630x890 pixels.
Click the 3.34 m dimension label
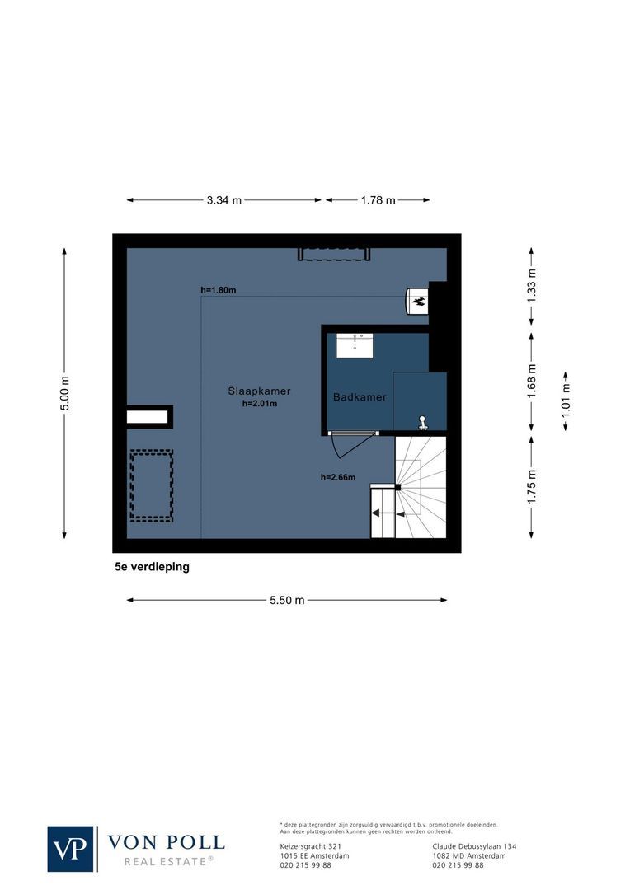click(x=224, y=200)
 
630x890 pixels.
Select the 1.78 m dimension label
click(x=378, y=200)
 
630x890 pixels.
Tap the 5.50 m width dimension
click(x=287, y=600)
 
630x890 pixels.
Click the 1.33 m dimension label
click(x=532, y=285)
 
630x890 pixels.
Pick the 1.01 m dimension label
click(x=565, y=403)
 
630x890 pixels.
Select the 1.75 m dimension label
click(x=532, y=486)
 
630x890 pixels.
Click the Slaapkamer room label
click(x=259, y=391)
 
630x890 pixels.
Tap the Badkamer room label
click(x=360, y=397)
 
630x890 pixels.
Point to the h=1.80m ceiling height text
click(x=219, y=290)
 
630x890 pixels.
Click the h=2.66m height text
click(x=338, y=477)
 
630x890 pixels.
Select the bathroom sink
click(x=355, y=344)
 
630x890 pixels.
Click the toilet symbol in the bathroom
click(x=422, y=423)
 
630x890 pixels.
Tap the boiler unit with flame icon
click(x=418, y=302)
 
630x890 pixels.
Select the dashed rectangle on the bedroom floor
click(x=151, y=485)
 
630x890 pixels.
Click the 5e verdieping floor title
click(x=152, y=567)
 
